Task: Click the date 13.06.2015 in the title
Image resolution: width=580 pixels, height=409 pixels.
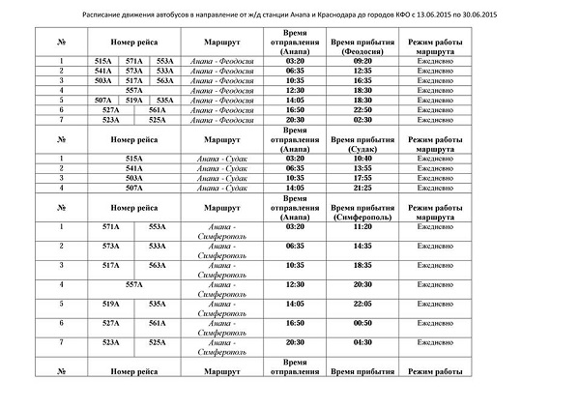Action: click(x=439, y=17)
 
